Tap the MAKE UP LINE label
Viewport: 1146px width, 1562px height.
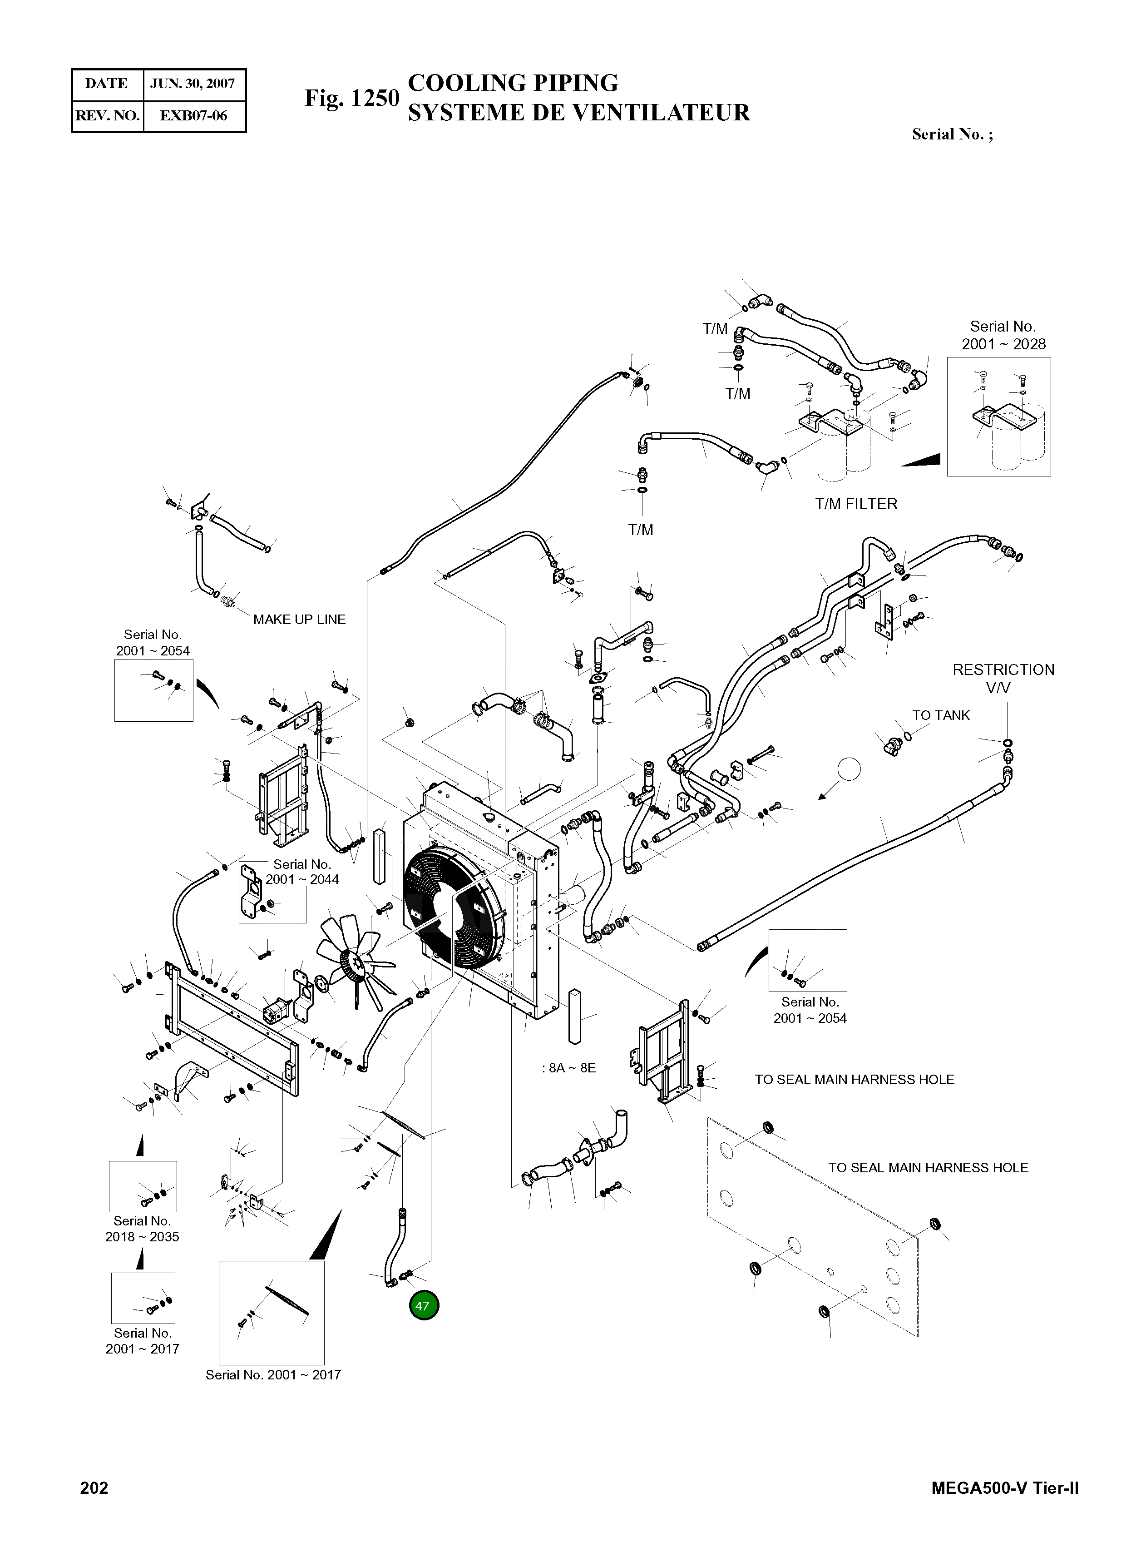[299, 619]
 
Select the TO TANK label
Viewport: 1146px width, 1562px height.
[941, 715]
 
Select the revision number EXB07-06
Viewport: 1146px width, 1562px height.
[193, 115]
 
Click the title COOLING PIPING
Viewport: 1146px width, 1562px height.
[513, 83]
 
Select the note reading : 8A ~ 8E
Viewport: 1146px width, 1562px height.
[569, 1067]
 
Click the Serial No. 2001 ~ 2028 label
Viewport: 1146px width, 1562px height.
[1003, 335]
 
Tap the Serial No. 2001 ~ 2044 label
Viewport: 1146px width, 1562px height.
[302, 872]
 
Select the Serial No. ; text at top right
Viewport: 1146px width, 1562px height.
[952, 134]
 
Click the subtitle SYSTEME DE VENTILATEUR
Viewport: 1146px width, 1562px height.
[578, 112]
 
